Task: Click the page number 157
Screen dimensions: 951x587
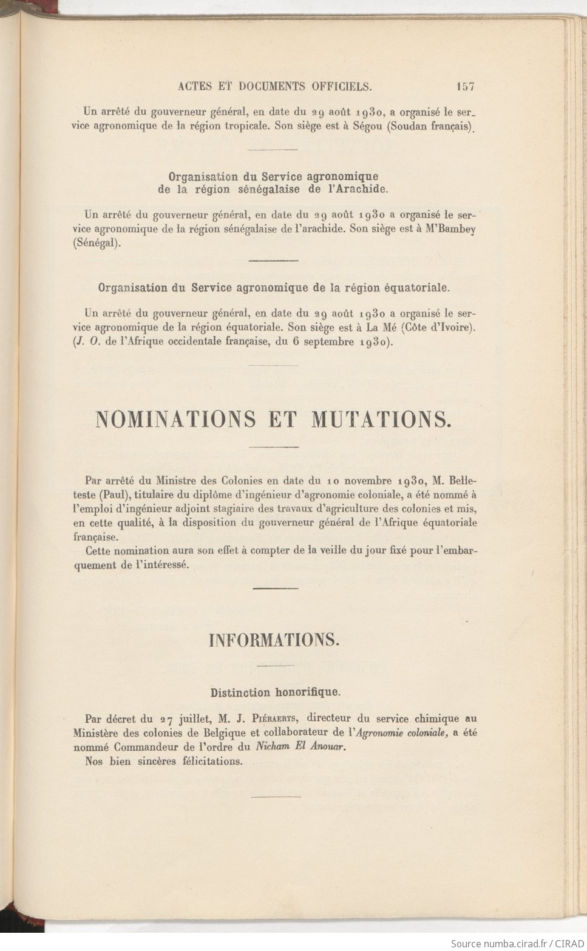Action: click(x=465, y=86)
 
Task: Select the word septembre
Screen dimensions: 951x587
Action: click(x=326, y=341)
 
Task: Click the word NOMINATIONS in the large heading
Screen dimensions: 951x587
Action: click(x=176, y=419)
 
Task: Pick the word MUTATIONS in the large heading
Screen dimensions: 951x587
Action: click(x=381, y=419)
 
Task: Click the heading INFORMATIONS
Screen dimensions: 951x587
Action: click(x=274, y=639)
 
